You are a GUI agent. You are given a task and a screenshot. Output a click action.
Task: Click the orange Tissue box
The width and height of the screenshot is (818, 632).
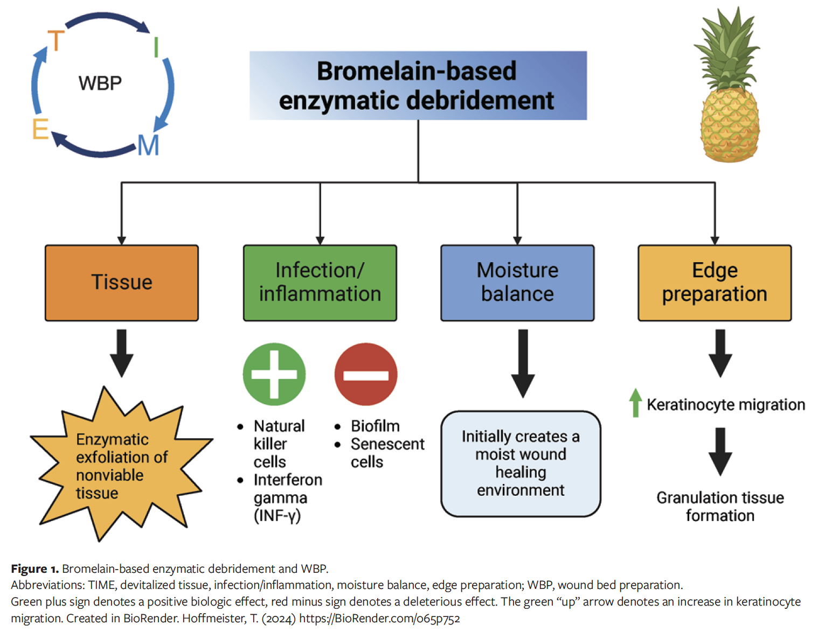[x=122, y=283]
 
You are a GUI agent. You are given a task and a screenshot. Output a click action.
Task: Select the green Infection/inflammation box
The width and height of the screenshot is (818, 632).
[x=320, y=283]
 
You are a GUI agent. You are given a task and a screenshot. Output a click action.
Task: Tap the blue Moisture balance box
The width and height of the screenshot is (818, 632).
[x=517, y=283]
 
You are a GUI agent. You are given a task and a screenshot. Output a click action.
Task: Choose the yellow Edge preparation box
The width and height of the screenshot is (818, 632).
[x=715, y=283]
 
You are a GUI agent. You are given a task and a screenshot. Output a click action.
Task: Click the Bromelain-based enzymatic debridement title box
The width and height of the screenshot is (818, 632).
[x=418, y=86]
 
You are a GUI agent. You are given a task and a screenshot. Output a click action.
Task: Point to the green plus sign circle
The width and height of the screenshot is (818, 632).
[x=274, y=374]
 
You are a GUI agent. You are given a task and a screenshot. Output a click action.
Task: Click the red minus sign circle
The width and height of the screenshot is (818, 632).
[x=366, y=374]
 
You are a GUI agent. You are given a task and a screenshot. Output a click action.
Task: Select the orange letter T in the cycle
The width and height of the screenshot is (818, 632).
[x=56, y=41]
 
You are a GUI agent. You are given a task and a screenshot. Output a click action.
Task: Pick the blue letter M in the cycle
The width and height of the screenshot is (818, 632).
[x=148, y=145]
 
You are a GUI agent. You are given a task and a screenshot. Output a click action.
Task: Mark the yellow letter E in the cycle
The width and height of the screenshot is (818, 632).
[x=40, y=129]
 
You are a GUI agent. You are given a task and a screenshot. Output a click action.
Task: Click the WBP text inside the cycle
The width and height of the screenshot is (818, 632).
[x=100, y=83]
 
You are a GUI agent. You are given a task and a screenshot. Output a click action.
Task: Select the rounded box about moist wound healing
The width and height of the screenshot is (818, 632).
[x=521, y=464]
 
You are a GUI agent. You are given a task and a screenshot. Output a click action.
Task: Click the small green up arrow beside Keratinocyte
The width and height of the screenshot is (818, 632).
[x=636, y=402]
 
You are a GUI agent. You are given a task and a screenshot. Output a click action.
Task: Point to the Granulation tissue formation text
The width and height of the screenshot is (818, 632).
[x=720, y=507]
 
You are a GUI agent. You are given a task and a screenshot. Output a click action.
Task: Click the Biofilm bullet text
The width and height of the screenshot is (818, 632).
[x=375, y=426]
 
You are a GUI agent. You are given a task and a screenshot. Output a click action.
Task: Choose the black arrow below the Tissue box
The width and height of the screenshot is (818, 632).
[x=122, y=353]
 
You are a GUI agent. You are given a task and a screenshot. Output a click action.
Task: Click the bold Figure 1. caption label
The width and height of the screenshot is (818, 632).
[x=35, y=569]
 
